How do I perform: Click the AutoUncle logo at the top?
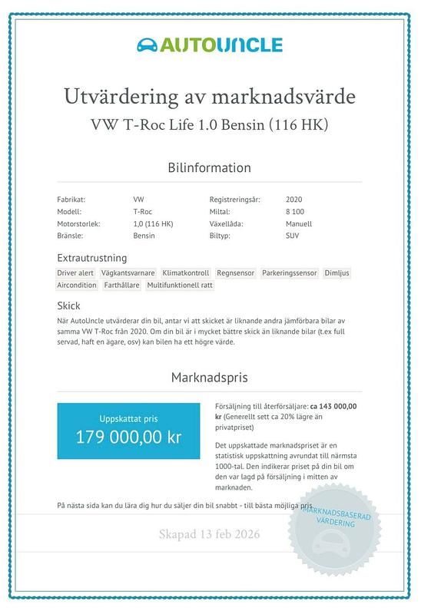(209, 45)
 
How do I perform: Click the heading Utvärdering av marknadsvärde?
(209, 98)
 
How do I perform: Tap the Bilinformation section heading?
(209, 167)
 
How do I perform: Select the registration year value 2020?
(293, 200)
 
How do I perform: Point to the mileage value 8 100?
(294, 212)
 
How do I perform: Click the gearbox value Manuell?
(298, 224)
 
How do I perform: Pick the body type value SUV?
(292, 236)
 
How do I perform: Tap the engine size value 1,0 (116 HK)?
(153, 224)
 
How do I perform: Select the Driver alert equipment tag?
(75, 272)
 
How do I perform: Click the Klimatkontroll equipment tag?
(186, 272)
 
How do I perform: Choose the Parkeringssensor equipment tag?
(289, 272)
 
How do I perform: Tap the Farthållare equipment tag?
(121, 285)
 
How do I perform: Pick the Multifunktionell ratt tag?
(180, 285)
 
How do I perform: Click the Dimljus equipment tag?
(337, 272)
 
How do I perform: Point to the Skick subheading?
(68, 305)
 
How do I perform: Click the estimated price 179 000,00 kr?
(128, 437)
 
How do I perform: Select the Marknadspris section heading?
(209, 378)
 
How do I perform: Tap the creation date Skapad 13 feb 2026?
(209, 534)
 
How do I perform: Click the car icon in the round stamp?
(335, 546)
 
